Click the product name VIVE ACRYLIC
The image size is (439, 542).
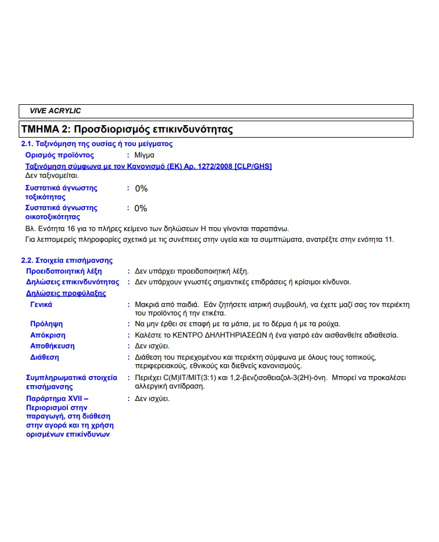click(x=55, y=111)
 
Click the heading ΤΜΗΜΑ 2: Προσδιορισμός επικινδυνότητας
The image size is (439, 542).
click(x=127, y=129)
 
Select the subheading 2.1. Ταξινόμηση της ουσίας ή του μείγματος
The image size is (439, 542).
click(x=96, y=144)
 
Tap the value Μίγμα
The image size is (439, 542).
click(x=144, y=155)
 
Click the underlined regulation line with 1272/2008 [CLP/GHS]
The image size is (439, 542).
click(x=148, y=166)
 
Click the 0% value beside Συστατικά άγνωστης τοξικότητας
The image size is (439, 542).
click(x=141, y=188)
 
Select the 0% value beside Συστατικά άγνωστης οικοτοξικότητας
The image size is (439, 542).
click(x=140, y=208)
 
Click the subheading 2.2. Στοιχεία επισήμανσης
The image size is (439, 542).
click(x=66, y=261)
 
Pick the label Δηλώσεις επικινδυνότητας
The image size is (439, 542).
click(x=73, y=282)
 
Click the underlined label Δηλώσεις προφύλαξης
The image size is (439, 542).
click(x=66, y=293)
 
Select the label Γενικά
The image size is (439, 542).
click(x=41, y=305)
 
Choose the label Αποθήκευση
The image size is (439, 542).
click(x=52, y=346)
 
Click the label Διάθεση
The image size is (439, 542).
click(x=44, y=357)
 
